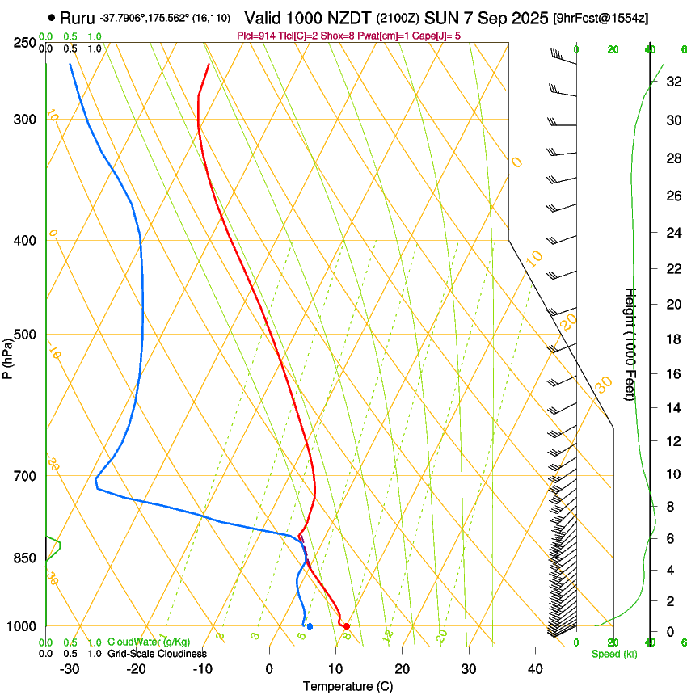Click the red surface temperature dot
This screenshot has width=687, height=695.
(346, 626)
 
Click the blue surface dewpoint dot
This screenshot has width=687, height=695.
(310, 626)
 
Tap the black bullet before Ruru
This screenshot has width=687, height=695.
(52, 17)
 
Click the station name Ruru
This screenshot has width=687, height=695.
(78, 17)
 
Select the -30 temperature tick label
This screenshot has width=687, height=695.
(70, 669)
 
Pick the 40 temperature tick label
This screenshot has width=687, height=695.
(534, 669)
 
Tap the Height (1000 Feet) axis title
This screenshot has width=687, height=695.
(630, 344)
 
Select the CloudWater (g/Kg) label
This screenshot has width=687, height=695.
(149, 642)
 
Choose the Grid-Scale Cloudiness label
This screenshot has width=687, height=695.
(157, 654)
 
